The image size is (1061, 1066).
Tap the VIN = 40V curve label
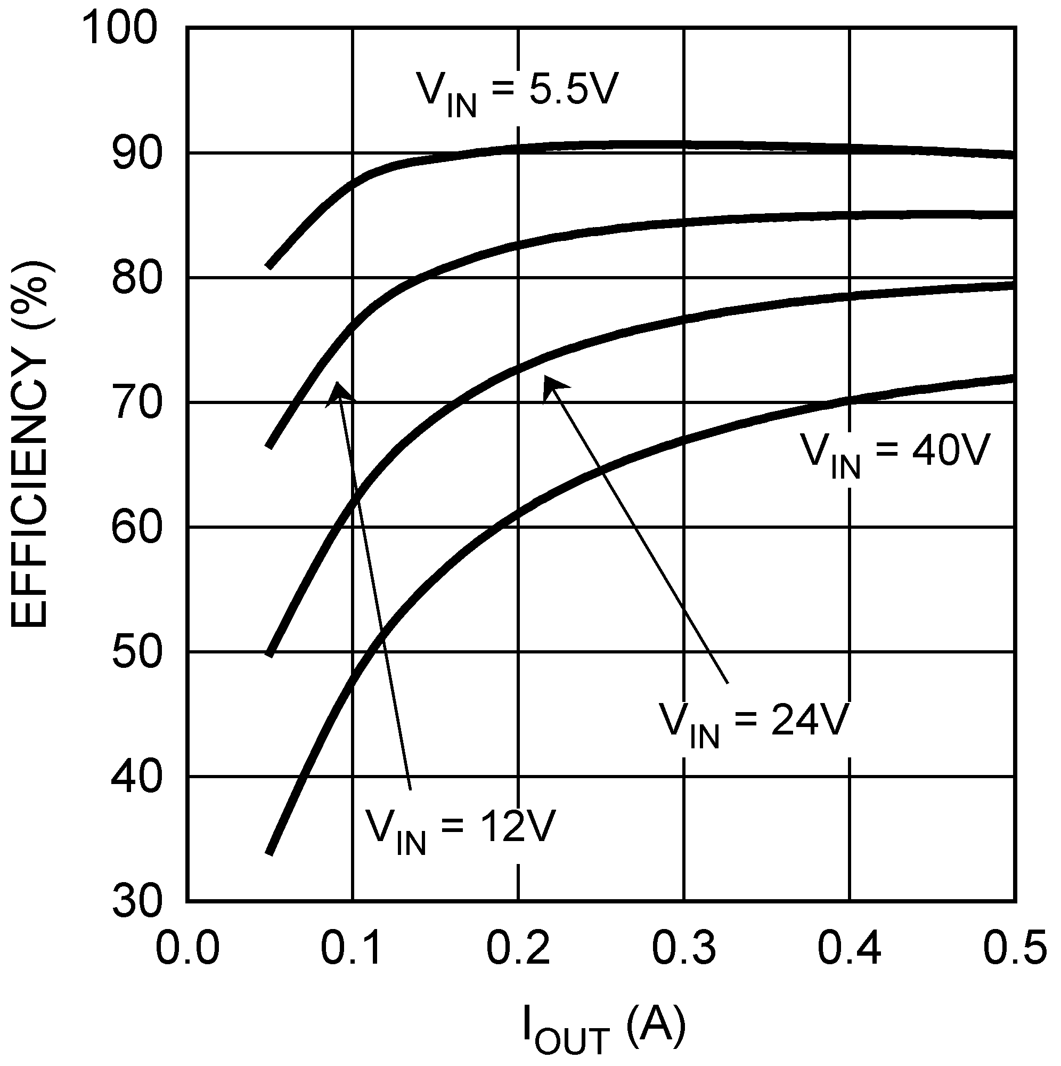[895, 454]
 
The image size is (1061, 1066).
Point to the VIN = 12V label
[459, 830]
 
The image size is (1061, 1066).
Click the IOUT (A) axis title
[604, 1030]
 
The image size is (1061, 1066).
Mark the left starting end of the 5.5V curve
[269, 266]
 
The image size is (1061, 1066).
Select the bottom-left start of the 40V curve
[269, 853]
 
